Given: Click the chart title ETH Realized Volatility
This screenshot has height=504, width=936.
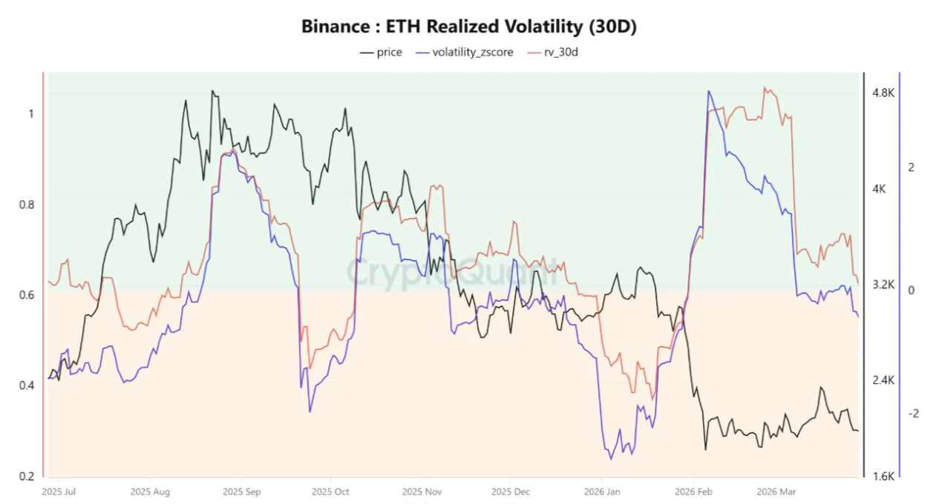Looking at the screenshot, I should coord(468,27).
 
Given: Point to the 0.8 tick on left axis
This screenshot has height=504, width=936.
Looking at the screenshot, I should coord(27,205).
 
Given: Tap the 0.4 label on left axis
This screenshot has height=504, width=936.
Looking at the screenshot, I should coord(27,385).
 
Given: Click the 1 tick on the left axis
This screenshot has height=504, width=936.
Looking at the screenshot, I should coord(30,114).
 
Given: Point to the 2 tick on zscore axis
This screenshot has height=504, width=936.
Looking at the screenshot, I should coord(911,168).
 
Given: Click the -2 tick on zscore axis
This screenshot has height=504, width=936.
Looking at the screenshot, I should coord(913,413).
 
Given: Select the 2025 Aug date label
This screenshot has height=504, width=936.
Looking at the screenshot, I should coord(150,491).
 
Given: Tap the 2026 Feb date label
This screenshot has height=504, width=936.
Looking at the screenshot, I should coord(694,491).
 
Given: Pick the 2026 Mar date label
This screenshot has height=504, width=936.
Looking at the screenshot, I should coord(776,491).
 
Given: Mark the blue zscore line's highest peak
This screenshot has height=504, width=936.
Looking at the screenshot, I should coord(709,91).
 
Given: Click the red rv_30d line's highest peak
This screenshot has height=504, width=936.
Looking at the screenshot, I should coord(765,87).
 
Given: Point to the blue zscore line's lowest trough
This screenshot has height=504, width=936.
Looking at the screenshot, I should coord(612,459).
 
